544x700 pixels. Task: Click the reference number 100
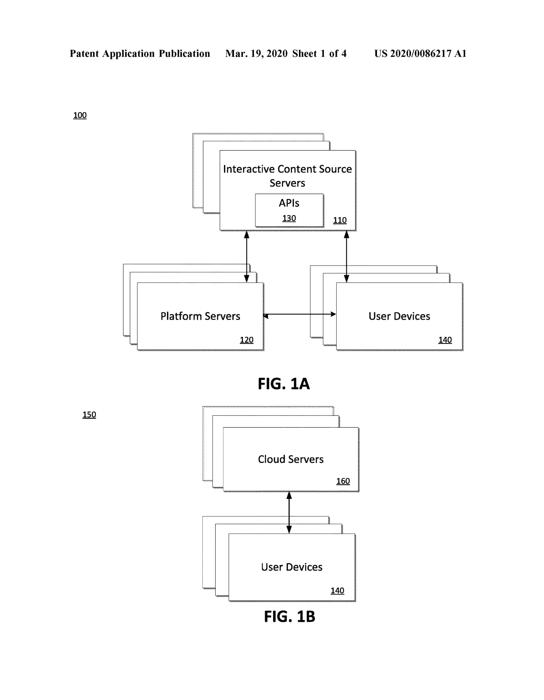pyautogui.click(x=80, y=115)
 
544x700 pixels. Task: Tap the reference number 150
pyautogui.click(x=89, y=414)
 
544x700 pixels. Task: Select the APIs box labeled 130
pyautogui.click(x=289, y=210)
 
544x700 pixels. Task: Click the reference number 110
pyautogui.click(x=339, y=220)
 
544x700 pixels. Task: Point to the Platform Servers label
pyautogui.click(x=200, y=316)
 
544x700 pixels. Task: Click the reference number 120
pyautogui.click(x=246, y=340)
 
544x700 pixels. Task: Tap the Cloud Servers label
pyautogui.click(x=290, y=459)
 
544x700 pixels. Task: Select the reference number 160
pyautogui.click(x=343, y=481)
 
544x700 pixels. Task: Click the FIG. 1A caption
pyautogui.click(x=284, y=384)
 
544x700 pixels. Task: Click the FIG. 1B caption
pyautogui.click(x=289, y=616)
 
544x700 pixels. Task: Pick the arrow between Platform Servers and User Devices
pyautogui.click(x=300, y=314)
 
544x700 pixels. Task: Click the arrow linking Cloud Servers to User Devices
pyautogui.click(x=289, y=513)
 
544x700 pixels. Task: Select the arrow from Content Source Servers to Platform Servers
pyautogui.click(x=246, y=256)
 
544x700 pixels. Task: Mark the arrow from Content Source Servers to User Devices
pyautogui.click(x=346, y=256)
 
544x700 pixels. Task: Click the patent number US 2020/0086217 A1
pyautogui.click(x=420, y=53)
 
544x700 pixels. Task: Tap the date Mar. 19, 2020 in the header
pyautogui.click(x=256, y=53)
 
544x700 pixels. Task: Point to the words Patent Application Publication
pyautogui.click(x=140, y=53)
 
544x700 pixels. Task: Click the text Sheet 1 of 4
pyautogui.click(x=319, y=53)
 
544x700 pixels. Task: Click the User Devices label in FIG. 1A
pyautogui.click(x=399, y=316)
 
